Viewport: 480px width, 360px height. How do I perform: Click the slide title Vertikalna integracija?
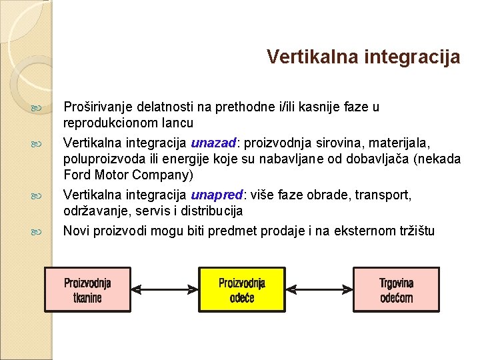point(363,57)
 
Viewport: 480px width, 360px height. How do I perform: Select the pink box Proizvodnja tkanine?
point(87,289)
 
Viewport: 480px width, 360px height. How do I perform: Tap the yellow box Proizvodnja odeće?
point(242,289)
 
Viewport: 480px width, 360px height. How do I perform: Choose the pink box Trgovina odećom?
point(396,289)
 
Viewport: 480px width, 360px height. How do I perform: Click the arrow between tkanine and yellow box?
point(165,289)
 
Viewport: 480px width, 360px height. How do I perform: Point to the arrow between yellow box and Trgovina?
point(319,289)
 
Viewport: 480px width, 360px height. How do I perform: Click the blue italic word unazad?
point(213,143)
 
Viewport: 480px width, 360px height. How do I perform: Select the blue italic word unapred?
point(217,195)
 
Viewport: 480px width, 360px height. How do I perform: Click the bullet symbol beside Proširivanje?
point(36,107)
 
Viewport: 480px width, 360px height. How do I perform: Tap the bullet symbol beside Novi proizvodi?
point(36,232)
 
